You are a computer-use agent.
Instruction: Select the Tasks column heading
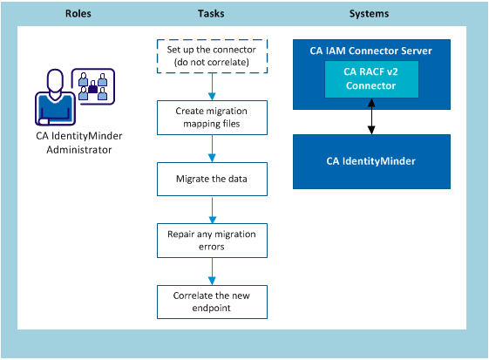point(213,14)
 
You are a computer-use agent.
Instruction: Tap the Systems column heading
point(369,14)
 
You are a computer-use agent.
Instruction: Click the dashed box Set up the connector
point(212,57)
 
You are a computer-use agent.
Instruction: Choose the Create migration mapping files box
point(212,118)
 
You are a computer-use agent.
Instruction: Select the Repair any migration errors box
point(212,240)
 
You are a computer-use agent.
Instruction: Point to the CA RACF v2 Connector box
point(371,80)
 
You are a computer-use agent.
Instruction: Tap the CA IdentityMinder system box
point(370,162)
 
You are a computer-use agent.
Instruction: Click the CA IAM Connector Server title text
point(371,51)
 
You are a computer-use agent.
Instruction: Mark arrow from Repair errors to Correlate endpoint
point(212,271)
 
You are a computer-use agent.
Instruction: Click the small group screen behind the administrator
point(92,85)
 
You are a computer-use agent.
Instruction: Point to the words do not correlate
point(212,63)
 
